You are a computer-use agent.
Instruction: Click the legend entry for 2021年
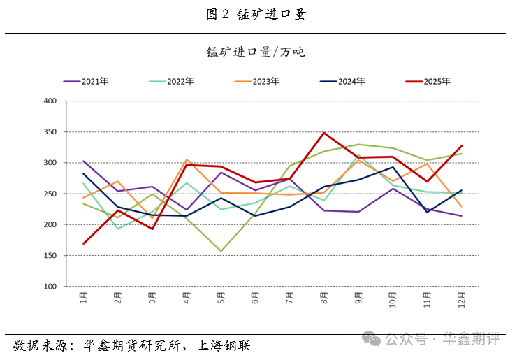(x=86, y=81)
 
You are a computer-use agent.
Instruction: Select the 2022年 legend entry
(x=171, y=81)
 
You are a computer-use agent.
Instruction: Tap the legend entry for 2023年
(x=257, y=81)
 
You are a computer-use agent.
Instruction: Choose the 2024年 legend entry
(x=342, y=81)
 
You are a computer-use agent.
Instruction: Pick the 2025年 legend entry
(x=428, y=81)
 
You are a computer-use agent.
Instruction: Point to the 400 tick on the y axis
(x=50, y=101)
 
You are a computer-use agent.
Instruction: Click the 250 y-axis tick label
(x=50, y=194)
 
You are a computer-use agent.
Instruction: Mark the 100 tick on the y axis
(x=50, y=287)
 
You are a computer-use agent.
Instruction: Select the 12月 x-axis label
(x=461, y=301)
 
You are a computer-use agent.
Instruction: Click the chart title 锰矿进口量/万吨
(x=256, y=52)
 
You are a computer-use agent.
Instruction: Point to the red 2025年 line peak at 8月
(x=323, y=133)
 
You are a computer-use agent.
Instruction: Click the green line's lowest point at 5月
(x=221, y=251)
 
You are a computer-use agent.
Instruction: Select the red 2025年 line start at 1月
(x=84, y=244)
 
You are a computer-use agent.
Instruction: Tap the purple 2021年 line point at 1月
(x=84, y=161)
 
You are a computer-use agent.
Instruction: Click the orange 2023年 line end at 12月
(x=460, y=206)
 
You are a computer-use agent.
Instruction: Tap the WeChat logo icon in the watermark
(x=375, y=339)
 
